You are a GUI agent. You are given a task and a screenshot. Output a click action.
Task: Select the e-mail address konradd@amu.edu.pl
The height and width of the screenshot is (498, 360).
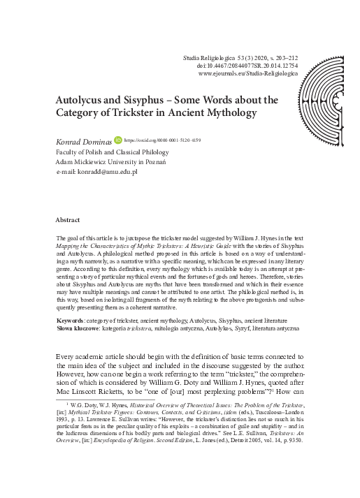tap(110, 171)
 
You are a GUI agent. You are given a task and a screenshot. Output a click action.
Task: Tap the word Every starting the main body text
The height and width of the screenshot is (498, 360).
tap(68, 358)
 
